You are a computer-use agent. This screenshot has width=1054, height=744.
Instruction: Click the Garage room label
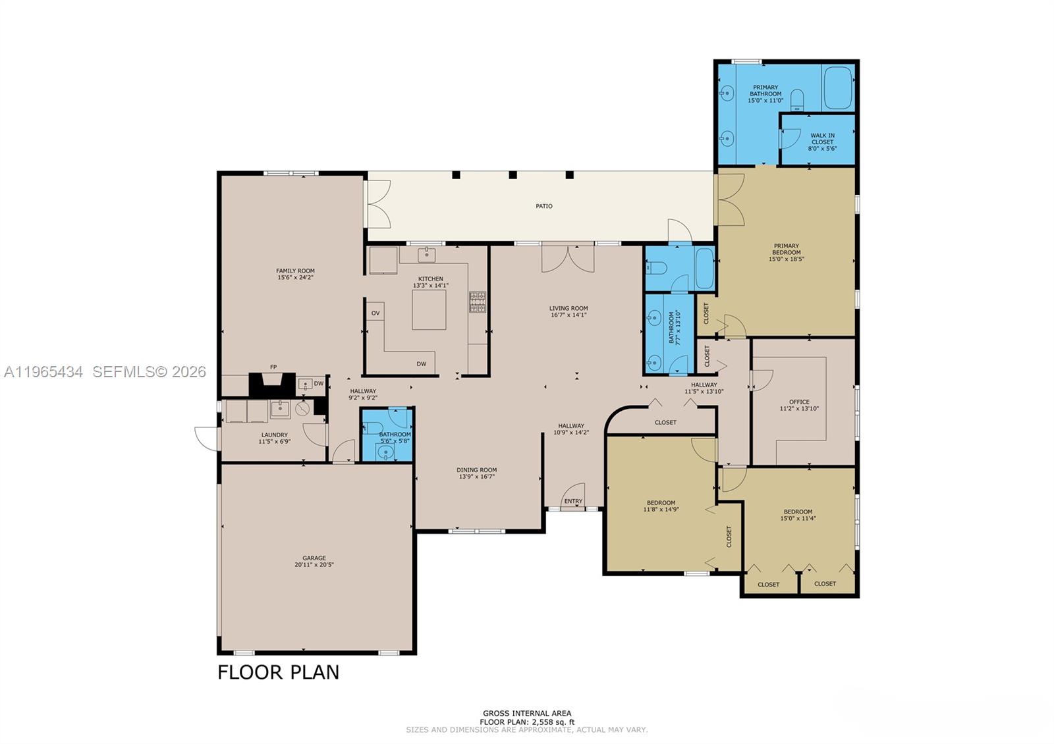(314, 558)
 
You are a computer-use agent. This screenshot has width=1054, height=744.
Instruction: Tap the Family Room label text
(295, 271)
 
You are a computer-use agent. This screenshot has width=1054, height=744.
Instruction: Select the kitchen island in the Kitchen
(429, 309)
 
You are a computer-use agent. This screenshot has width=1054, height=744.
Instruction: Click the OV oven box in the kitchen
(375, 313)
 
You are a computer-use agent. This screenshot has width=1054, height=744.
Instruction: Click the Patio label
(544, 206)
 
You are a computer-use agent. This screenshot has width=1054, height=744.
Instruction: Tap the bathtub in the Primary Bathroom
(837, 88)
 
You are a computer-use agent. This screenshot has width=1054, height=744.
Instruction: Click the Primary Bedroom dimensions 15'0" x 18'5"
(787, 259)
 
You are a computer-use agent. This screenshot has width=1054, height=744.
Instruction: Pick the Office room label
(799, 402)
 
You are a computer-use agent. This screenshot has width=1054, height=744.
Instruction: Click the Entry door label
(573, 501)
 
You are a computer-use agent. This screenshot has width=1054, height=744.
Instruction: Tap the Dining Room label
(477, 470)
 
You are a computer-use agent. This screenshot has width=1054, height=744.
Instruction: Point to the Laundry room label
(274, 435)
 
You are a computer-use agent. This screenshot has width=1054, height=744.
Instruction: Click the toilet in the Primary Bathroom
(797, 99)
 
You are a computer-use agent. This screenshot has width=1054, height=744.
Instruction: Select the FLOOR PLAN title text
(279, 672)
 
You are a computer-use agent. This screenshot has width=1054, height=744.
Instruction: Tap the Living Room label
(569, 308)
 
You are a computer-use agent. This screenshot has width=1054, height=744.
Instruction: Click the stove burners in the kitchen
(478, 302)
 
